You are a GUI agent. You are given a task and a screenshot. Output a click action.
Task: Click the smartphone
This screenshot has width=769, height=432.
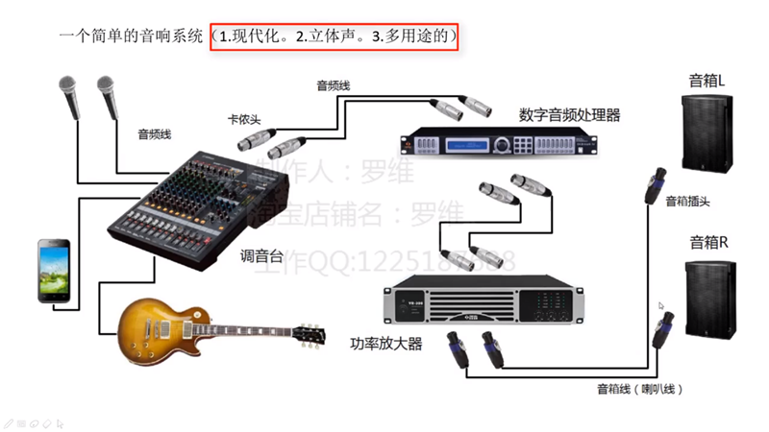pos(53,270)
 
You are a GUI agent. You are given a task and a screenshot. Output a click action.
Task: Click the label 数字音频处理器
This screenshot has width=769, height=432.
pos(569,115)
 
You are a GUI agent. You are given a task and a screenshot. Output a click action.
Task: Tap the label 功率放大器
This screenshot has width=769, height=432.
pos(388,343)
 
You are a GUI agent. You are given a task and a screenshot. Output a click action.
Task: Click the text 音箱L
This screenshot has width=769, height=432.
pos(707,81)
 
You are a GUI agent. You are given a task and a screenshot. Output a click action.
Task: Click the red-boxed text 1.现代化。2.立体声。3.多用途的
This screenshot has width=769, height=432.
pos(334,37)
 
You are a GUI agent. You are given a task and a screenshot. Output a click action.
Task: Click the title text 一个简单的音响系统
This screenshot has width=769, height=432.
pos(132,37)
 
